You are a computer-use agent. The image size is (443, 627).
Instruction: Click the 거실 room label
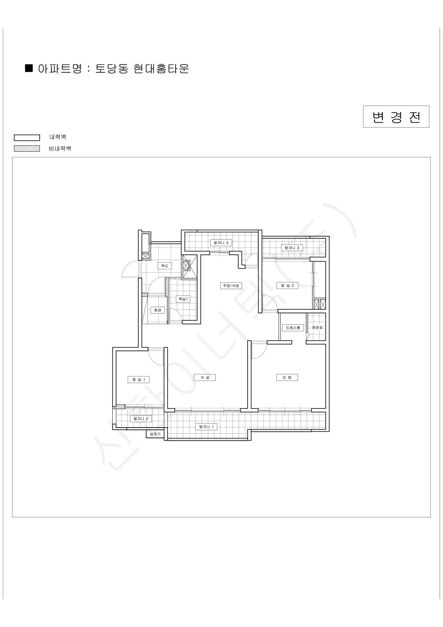(x=205, y=378)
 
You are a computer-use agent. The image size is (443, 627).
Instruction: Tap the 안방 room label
(x=287, y=378)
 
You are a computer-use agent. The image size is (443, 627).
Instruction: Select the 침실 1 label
(x=139, y=380)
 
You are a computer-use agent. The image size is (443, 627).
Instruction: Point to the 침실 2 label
(x=287, y=286)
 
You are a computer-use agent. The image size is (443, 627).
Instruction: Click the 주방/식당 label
(x=231, y=286)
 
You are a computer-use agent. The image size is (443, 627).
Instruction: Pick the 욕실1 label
(x=183, y=299)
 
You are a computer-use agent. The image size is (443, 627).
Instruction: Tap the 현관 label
(x=158, y=310)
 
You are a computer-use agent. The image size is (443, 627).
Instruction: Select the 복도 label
(x=165, y=266)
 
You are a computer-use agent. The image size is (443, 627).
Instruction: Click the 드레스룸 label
(x=293, y=327)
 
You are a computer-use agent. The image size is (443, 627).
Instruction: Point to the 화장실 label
(x=317, y=327)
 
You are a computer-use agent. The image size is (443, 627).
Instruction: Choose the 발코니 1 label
(x=206, y=427)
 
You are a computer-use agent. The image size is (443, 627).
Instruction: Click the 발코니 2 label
(x=141, y=419)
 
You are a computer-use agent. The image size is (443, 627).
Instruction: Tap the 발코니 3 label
(x=292, y=248)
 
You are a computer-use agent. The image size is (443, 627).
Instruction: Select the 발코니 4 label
(x=221, y=242)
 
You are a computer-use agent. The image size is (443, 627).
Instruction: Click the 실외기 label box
(x=155, y=434)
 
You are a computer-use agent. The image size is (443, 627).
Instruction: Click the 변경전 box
(x=396, y=117)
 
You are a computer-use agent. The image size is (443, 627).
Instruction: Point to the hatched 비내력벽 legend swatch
(x=27, y=149)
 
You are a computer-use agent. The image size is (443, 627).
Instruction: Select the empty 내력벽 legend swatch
(x=27, y=137)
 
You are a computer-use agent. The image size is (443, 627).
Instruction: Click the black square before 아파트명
(x=29, y=68)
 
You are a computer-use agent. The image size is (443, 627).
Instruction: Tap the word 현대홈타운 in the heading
(x=161, y=68)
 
